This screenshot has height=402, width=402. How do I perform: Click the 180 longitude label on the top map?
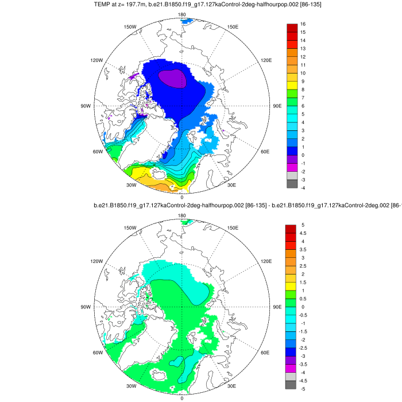[x=182, y=14]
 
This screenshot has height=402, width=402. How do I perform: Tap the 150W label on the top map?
[x=130, y=27]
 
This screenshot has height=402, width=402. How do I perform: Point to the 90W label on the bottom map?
[x=86, y=307]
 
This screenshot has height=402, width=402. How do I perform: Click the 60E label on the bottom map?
[x=265, y=353]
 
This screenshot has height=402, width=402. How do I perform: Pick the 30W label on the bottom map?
[x=130, y=386]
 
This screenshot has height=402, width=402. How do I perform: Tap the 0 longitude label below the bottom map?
[x=182, y=398]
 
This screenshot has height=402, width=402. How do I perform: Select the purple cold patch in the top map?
[x=173, y=78]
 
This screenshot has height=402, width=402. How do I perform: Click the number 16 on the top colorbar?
[x=303, y=24]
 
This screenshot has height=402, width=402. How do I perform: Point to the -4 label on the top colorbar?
[x=302, y=188]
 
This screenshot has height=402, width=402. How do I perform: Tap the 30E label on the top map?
[x=232, y=185]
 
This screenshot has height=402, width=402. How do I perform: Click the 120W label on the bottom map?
[x=96, y=261]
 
